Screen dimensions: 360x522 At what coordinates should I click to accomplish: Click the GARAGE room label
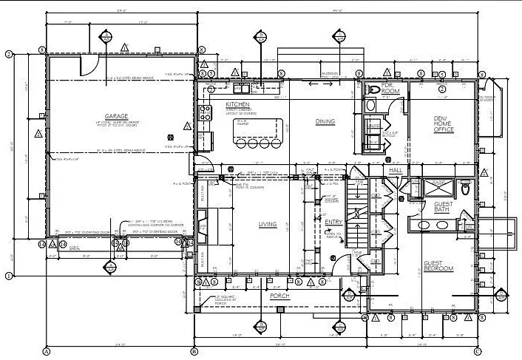117,117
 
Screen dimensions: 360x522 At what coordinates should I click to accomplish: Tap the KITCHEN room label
238,105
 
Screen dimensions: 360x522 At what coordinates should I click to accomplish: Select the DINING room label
325,121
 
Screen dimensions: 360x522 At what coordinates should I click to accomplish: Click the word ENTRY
333,222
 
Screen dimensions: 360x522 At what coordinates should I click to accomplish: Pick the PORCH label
280,296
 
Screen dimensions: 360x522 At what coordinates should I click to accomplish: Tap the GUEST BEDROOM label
438,265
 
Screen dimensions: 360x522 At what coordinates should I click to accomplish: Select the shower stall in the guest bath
429,188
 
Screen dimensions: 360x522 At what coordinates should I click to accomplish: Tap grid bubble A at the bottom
47,351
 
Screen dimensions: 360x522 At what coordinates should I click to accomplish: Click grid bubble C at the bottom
478,351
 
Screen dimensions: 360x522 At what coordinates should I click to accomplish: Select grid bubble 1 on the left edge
8,276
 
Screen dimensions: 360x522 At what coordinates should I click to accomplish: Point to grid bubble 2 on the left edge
8,54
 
